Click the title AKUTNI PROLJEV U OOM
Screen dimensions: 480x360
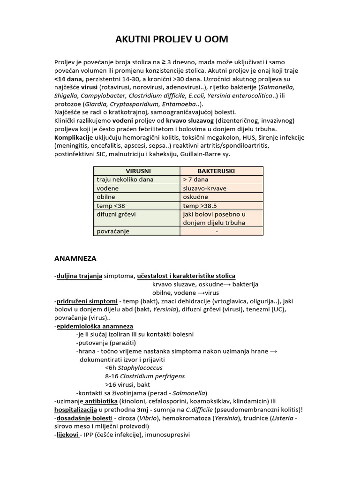click(x=172, y=39)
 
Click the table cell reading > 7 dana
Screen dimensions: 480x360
click(x=196, y=180)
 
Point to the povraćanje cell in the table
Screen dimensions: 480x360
click(x=113, y=231)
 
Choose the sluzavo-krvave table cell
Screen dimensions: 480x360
click(x=205, y=188)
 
